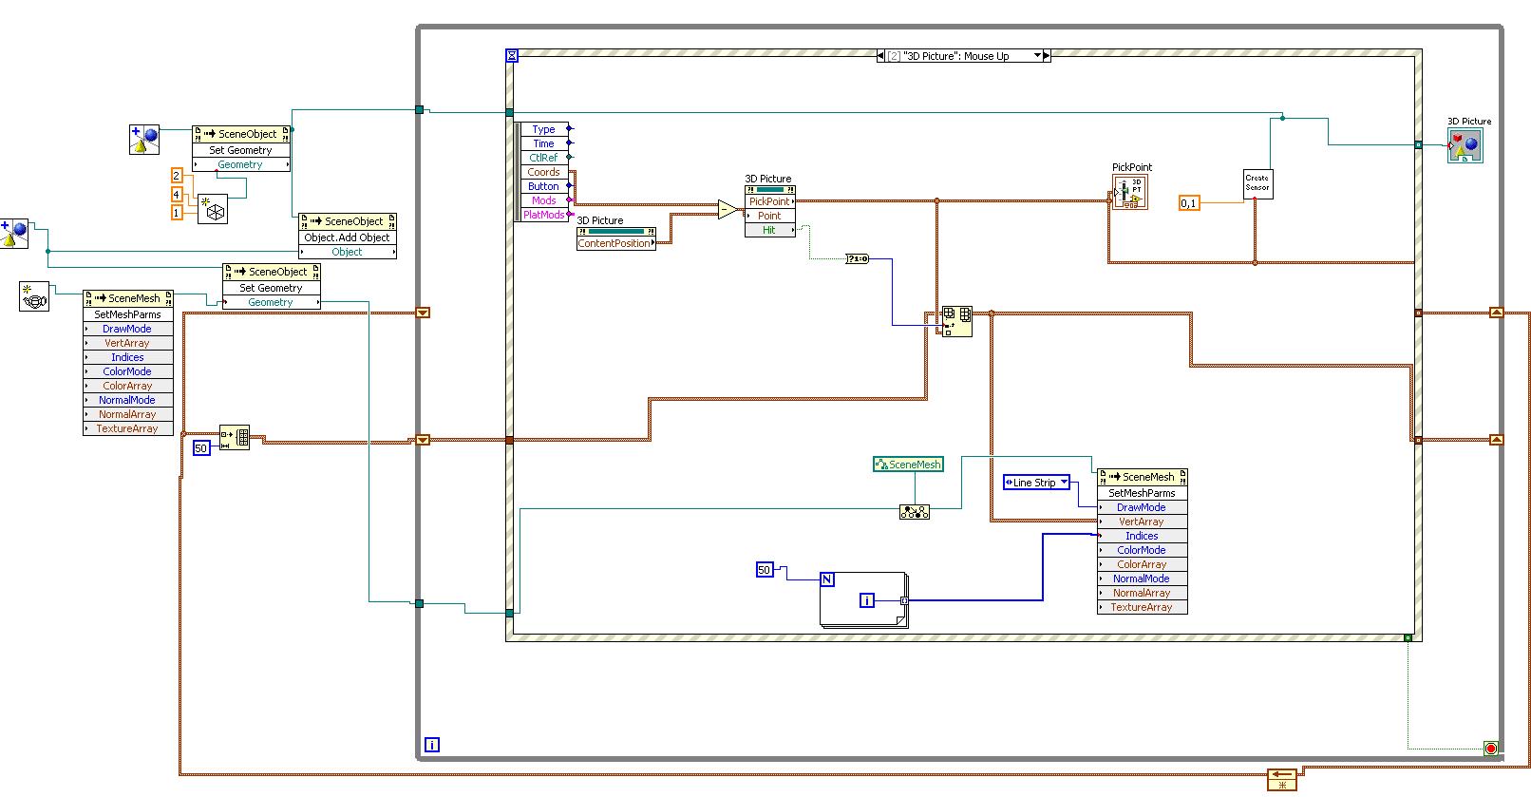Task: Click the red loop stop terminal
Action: click(1490, 749)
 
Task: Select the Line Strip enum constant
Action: click(1036, 483)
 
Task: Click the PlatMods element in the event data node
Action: click(543, 215)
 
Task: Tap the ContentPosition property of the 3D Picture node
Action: click(614, 243)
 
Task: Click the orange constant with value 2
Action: click(176, 175)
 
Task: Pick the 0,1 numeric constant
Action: click(1189, 203)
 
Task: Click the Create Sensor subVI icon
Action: click(1257, 183)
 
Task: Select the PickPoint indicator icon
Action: click(1130, 192)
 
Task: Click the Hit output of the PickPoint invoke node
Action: click(769, 230)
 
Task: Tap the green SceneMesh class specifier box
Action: click(908, 465)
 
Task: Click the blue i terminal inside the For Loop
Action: click(866, 599)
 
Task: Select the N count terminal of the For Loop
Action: click(826, 579)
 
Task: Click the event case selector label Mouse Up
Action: click(963, 56)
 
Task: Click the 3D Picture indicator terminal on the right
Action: click(1464, 146)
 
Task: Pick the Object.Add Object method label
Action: click(347, 237)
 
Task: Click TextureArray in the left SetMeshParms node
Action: click(127, 428)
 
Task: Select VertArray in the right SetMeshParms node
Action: click(1141, 522)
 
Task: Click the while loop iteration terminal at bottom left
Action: click(431, 745)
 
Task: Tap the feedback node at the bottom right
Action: click(1282, 779)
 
